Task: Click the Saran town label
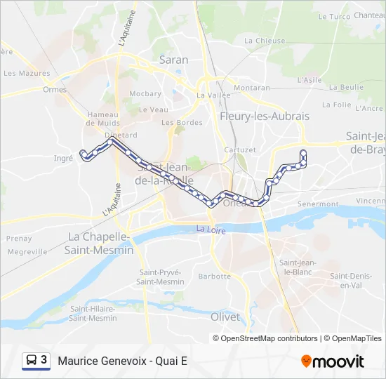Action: click(x=173, y=60)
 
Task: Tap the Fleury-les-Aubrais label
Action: click(x=255, y=116)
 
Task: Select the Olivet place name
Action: click(x=225, y=317)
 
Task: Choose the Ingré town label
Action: click(x=63, y=159)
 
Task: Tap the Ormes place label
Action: click(x=54, y=89)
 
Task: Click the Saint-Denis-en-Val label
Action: click(x=350, y=280)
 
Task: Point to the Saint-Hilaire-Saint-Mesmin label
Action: click(x=93, y=313)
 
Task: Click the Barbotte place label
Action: click(x=214, y=276)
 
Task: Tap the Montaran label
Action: click(x=252, y=88)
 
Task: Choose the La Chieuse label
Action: click(x=265, y=41)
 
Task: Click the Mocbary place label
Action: click(x=145, y=93)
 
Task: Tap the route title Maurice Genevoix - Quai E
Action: click(x=123, y=361)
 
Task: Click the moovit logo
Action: click(x=333, y=361)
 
